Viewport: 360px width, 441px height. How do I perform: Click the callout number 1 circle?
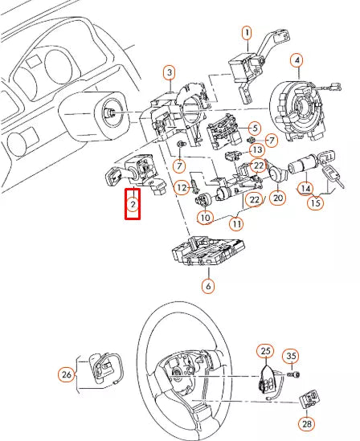point(247,32)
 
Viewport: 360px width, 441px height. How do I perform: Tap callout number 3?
point(169,73)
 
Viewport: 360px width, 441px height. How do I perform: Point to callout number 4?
point(297,60)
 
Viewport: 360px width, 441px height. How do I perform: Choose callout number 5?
point(254,128)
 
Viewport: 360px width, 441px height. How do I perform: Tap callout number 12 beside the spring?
point(182,187)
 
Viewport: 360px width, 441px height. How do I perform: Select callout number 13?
point(256,150)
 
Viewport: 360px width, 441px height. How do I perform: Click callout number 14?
point(305,188)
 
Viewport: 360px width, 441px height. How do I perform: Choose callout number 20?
point(279,198)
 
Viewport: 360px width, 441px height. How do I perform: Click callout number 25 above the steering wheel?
point(265,350)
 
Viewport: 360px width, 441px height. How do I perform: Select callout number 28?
point(306,423)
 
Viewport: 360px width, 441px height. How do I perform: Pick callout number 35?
point(291,356)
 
